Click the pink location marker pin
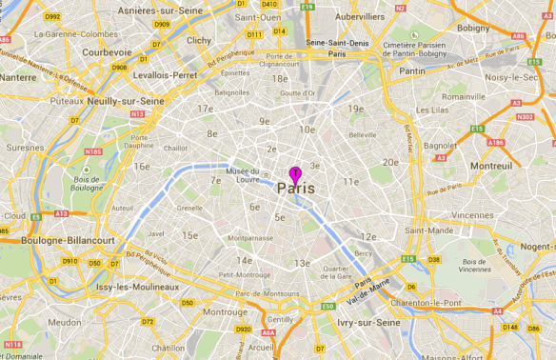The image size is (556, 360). pos(295,172)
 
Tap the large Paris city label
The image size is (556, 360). pos(295,189)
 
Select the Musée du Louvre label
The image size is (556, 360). pos(243,175)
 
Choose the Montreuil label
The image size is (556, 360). pos(491,165)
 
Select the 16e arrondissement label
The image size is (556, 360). pos(142,166)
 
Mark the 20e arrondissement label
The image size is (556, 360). pos(390,162)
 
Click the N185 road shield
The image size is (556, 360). pos(92,150)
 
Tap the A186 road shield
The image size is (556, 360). pos(496,142)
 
